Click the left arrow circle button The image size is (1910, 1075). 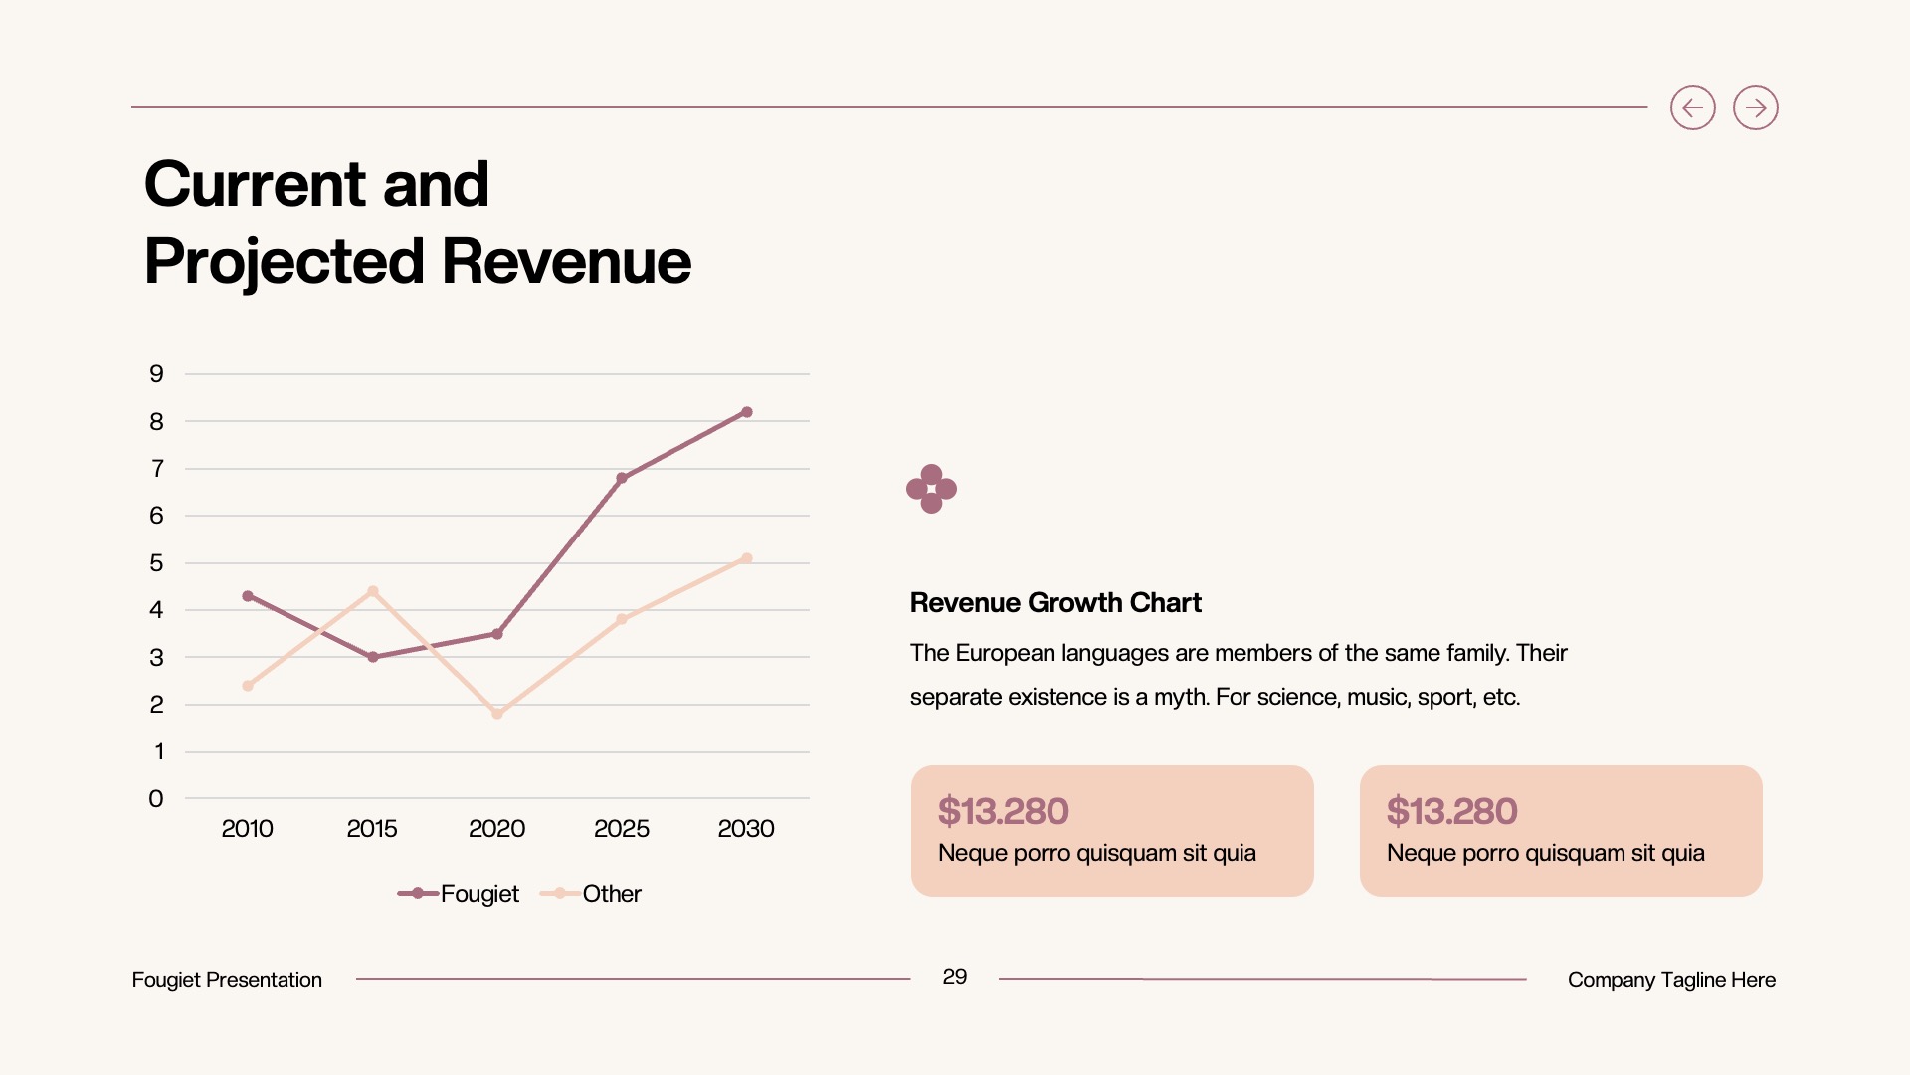point(1692,107)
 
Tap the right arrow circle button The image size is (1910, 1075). point(1755,107)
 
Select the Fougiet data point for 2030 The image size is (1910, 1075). point(747,412)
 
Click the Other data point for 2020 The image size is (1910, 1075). point(497,714)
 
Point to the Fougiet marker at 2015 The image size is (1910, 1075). point(373,657)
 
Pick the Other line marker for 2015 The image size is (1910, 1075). point(373,591)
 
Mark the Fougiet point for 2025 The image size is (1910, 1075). point(622,478)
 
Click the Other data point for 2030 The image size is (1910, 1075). point(747,558)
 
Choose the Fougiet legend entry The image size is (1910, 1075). point(460,894)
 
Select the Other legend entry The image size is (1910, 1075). point(593,894)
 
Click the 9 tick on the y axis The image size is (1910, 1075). point(156,374)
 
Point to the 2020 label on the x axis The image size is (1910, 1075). point(496,828)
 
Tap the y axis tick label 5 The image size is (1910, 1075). point(156,563)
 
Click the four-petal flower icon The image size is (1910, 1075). point(931,489)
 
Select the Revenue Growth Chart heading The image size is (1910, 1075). point(1055,602)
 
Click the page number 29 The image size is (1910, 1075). point(954,977)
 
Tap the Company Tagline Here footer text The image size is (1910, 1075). point(1671,980)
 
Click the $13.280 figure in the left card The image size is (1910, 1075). point(1003,811)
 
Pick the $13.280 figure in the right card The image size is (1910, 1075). point(1451,811)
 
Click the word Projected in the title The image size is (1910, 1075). point(285,261)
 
